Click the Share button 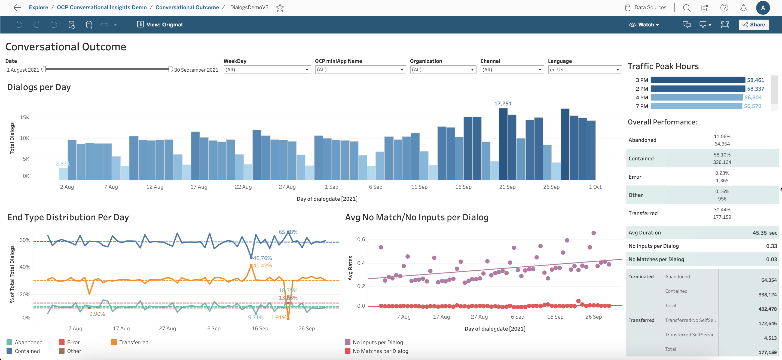[753, 25]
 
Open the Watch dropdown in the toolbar [644, 25]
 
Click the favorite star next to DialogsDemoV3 [280, 8]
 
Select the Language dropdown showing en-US [584, 69]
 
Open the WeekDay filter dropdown [267, 69]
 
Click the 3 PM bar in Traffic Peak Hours [698, 80]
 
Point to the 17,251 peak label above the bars [503, 103]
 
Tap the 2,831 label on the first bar [63, 164]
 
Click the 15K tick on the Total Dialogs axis [25, 117]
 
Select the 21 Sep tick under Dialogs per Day [507, 187]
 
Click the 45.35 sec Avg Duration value [764, 233]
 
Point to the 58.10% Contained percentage [722, 155]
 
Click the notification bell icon [743, 8]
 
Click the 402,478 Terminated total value [767, 309]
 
